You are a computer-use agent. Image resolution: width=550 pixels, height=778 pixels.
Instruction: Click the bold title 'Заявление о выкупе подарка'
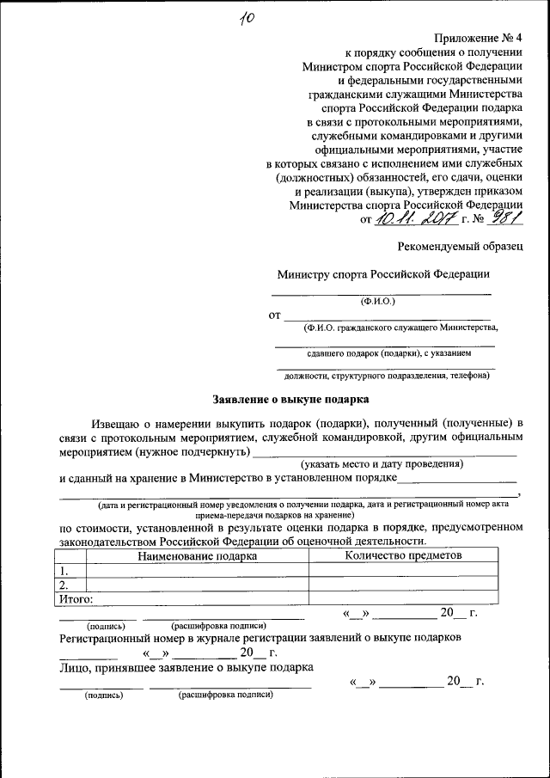(290, 399)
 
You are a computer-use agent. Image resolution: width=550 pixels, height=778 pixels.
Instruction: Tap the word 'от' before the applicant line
(275, 316)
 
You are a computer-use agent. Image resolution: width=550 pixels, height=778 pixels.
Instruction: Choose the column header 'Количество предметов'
(403, 555)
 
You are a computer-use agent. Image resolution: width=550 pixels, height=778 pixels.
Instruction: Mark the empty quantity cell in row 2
(403, 585)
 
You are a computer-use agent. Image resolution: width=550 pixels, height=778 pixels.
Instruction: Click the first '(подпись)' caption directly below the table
(106, 626)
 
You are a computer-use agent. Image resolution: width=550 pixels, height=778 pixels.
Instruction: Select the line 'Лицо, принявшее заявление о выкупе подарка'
(186, 667)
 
